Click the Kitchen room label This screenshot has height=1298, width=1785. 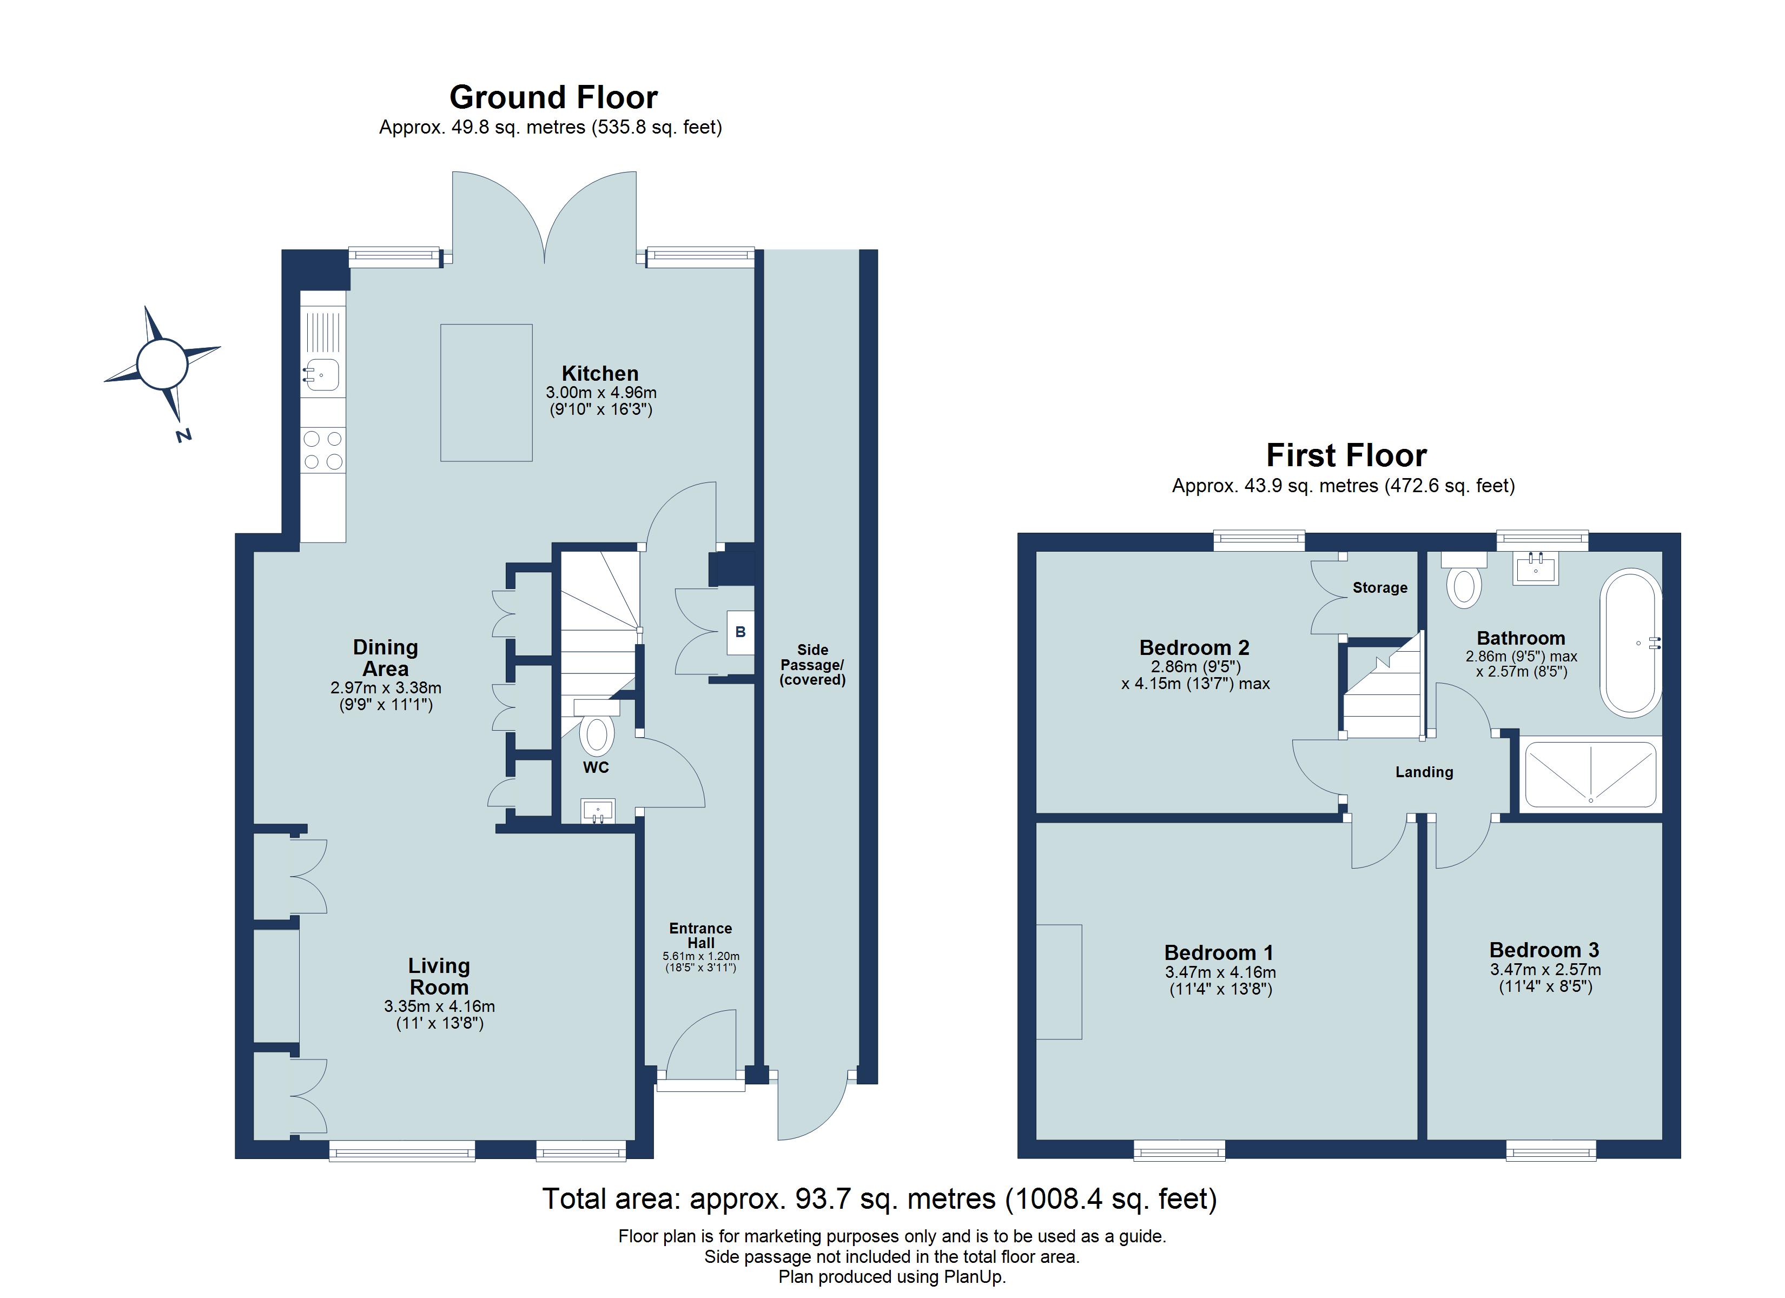tap(600, 373)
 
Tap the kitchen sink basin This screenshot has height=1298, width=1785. tap(321, 375)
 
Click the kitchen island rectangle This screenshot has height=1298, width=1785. tap(486, 392)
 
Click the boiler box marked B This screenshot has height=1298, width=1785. tap(740, 632)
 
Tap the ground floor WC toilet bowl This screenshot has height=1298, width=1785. tap(597, 734)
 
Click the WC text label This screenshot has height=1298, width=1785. tap(596, 767)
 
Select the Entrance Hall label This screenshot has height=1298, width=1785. tap(700, 935)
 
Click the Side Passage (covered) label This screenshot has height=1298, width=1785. tap(812, 664)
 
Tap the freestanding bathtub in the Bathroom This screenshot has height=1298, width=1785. tap(1630, 643)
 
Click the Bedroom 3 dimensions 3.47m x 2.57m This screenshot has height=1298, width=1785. tap(1545, 970)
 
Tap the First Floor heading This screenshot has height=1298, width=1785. tap(1346, 455)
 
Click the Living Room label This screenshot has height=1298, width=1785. tap(438, 976)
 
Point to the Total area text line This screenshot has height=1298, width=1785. tap(879, 1199)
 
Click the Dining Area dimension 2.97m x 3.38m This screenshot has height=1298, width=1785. tap(386, 688)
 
